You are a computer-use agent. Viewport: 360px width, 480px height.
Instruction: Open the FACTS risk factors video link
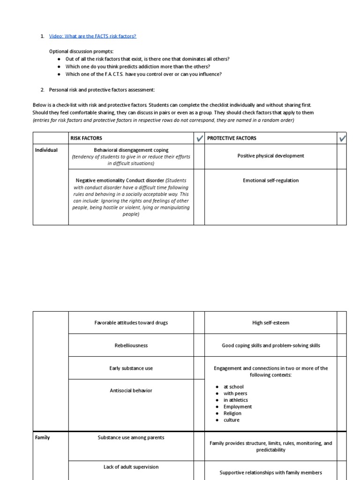(92, 36)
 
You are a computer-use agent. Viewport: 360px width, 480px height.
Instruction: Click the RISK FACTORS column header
(86, 138)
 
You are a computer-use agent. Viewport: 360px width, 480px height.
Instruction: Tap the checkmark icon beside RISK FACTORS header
(199, 138)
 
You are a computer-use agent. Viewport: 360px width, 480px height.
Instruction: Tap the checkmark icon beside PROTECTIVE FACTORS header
(342, 138)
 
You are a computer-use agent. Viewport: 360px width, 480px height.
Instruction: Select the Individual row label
(46, 150)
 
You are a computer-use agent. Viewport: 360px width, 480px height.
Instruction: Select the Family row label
(42, 438)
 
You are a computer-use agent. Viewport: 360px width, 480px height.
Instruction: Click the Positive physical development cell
(270, 156)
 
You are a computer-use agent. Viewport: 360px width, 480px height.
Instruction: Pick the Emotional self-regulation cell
(270, 180)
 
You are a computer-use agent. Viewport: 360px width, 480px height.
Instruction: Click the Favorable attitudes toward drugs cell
(131, 322)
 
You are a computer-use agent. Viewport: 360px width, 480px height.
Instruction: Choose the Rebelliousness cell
(131, 345)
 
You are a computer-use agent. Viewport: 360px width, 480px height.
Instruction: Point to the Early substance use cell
(131, 368)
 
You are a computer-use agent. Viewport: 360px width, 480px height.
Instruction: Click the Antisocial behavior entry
(131, 390)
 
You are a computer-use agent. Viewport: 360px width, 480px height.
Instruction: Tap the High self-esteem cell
(270, 322)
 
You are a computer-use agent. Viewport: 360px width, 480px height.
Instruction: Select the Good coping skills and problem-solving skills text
(270, 345)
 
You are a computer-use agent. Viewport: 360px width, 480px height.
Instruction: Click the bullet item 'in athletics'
(235, 400)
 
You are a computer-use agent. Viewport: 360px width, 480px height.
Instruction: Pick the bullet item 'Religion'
(232, 413)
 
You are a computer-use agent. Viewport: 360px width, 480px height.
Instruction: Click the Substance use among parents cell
(131, 438)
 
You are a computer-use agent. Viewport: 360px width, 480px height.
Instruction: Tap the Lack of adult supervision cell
(131, 467)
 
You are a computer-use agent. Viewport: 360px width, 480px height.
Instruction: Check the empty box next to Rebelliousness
(199, 345)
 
